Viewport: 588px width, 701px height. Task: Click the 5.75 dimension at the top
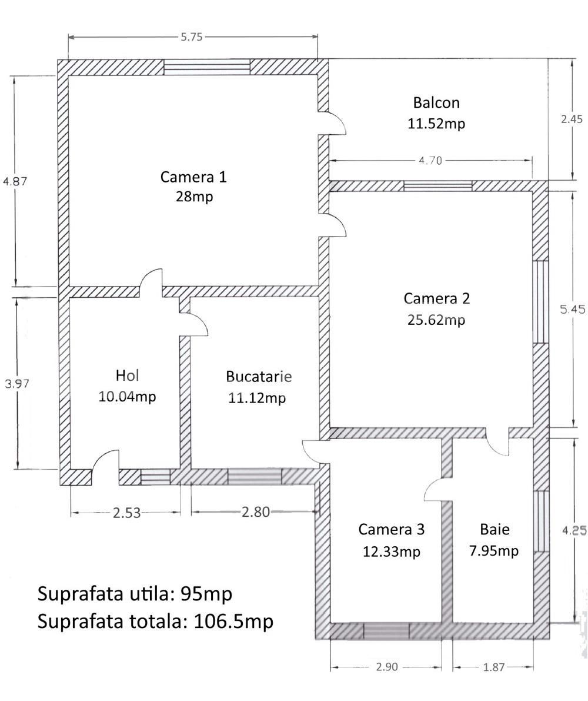pyautogui.click(x=192, y=36)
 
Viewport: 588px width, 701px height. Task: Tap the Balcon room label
pyautogui.click(x=436, y=102)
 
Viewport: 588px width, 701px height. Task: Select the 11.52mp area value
pyautogui.click(x=436, y=124)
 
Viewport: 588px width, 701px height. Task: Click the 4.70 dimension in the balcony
pyautogui.click(x=430, y=160)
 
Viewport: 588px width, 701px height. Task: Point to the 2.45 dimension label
pyautogui.click(x=572, y=119)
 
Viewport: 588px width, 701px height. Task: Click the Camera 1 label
pyautogui.click(x=193, y=177)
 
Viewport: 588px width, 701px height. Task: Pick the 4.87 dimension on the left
pyautogui.click(x=15, y=181)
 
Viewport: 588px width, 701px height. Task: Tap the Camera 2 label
pyautogui.click(x=436, y=298)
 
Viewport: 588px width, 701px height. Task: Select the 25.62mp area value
pyautogui.click(x=436, y=320)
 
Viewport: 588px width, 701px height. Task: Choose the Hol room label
pyautogui.click(x=127, y=375)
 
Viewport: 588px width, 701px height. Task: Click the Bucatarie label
pyautogui.click(x=258, y=376)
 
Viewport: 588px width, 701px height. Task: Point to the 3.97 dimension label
pyautogui.click(x=17, y=383)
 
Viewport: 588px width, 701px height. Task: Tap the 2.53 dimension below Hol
pyautogui.click(x=126, y=513)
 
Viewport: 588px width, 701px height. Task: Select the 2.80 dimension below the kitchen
pyautogui.click(x=256, y=512)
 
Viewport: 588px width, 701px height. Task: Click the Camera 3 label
pyautogui.click(x=391, y=529)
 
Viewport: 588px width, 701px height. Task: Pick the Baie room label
pyautogui.click(x=495, y=529)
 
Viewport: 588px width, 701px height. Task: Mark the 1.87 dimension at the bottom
pyautogui.click(x=493, y=667)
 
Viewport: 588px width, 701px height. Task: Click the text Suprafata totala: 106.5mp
pyautogui.click(x=155, y=621)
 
